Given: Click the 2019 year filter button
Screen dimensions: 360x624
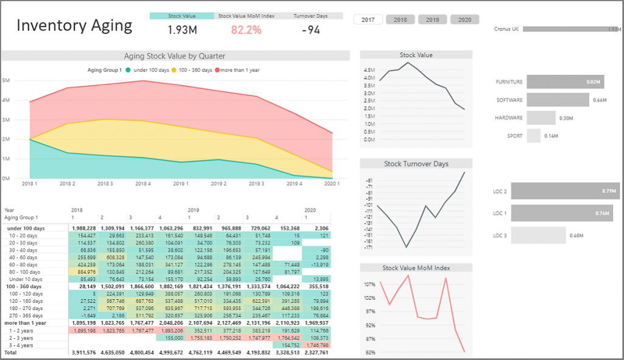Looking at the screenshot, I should pyautogui.click(x=433, y=19).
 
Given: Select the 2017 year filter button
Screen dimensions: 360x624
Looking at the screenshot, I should pyautogui.click(x=368, y=19).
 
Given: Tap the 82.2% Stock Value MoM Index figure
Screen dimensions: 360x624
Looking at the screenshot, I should pyautogui.click(x=247, y=29).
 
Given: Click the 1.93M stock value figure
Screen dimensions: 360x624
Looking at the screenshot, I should pyautogui.click(x=182, y=29).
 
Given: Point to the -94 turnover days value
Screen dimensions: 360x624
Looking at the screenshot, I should pyautogui.click(x=310, y=29).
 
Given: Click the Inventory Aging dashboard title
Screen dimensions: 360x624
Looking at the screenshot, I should pyautogui.click(x=74, y=25).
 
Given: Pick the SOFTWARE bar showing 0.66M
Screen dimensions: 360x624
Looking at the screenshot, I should pyautogui.click(x=558, y=100).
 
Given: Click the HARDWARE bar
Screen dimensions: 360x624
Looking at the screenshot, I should pyautogui.click(x=541, y=118).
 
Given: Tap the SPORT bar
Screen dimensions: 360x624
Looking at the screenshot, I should pyautogui.click(x=534, y=136).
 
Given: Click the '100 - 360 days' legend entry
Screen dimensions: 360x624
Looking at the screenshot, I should pyautogui.click(x=195, y=70).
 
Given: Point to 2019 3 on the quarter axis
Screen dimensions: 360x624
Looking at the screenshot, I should pyautogui.click(x=257, y=183).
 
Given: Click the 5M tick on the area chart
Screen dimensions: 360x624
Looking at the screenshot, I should pyautogui.click(x=5, y=80).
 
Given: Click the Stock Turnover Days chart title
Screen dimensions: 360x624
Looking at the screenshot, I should pyautogui.click(x=416, y=164).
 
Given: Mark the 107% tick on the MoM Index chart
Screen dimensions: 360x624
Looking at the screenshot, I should pyautogui.click(x=369, y=284).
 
